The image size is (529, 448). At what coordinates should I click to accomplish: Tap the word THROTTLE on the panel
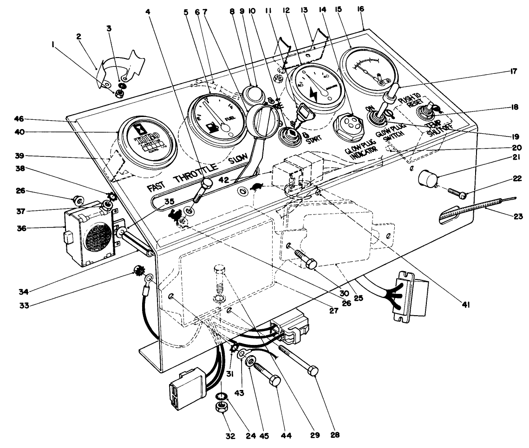tap(196, 172)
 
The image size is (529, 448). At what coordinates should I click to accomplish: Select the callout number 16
tap(361, 9)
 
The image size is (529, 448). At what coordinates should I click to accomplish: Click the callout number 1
tap(55, 45)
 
